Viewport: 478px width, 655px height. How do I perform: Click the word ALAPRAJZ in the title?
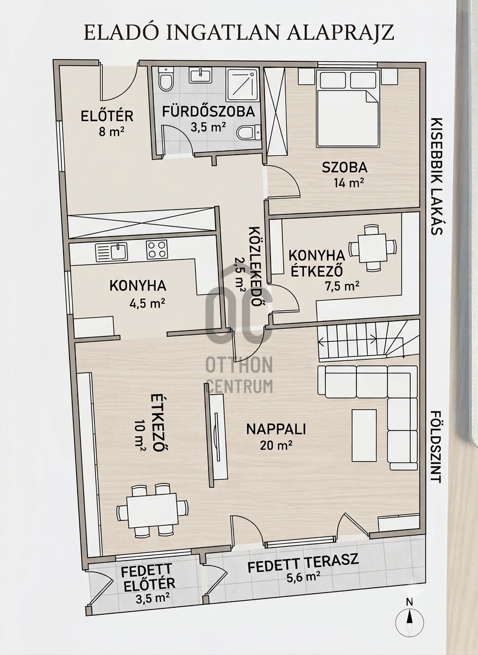click(339, 33)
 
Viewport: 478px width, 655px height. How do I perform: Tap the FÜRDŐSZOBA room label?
click(208, 112)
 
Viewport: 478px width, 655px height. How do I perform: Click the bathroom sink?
click(200, 75)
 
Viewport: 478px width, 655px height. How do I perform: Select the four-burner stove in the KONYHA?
click(156, 250)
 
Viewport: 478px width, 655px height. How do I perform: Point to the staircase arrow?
click(348, 340)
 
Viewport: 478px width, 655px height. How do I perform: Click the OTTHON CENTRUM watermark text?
click(240, 375)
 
